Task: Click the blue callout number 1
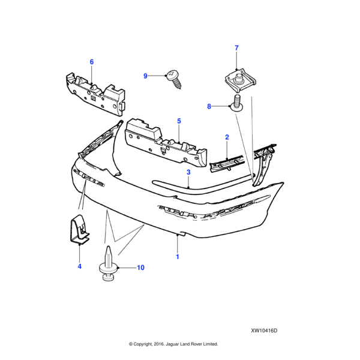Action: [x=177, y=257]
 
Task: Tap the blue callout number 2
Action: [x=227, y=137]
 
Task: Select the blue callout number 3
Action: [x=188, y=172]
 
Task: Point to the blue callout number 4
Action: [x=79, y=266]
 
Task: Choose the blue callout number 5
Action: [x=179, y=121]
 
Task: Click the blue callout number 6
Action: [x=92, y=62]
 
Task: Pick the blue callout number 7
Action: [x=236, y=48]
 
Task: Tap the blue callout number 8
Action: [x=209, y=106]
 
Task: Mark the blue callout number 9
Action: [x=145, y=76]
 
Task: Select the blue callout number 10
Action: [x=140, y=268]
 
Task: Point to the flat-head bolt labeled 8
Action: [x=237, y=103]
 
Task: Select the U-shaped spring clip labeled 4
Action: [x=79, y=229]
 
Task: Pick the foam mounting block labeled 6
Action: [x=95, y=94]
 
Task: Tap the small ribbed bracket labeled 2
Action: [x=227, y=164]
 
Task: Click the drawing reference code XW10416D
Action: [x=264, y=331]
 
